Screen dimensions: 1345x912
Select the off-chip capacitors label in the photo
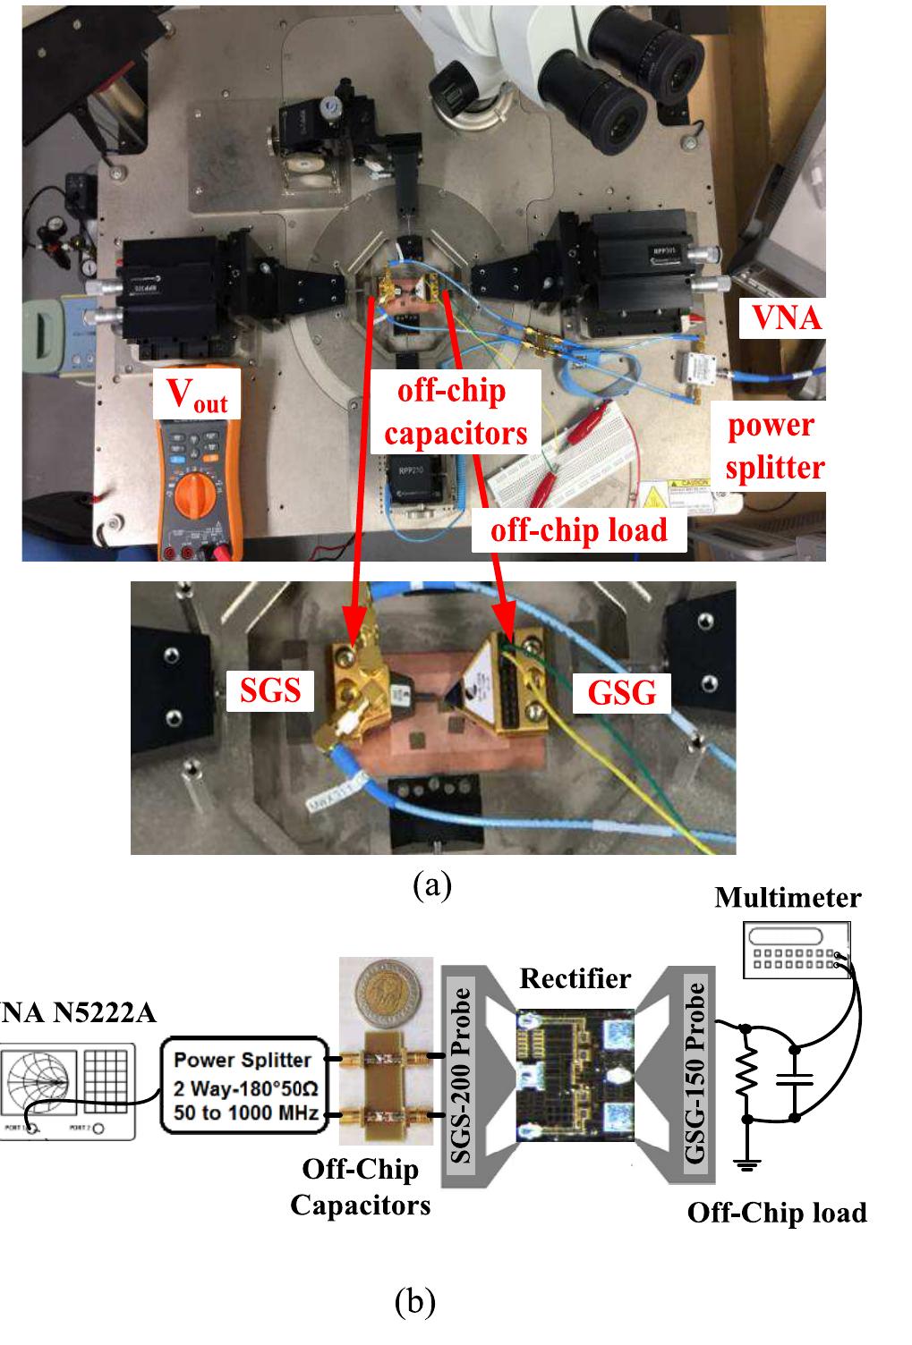click(x=462, y=411)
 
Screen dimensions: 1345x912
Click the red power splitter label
click(x=774, y=445)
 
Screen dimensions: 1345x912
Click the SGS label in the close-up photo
click(x=270, y=689)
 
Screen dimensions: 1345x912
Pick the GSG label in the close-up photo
click(x=621, y=691)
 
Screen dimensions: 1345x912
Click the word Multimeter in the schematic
click(x=788, y=897)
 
